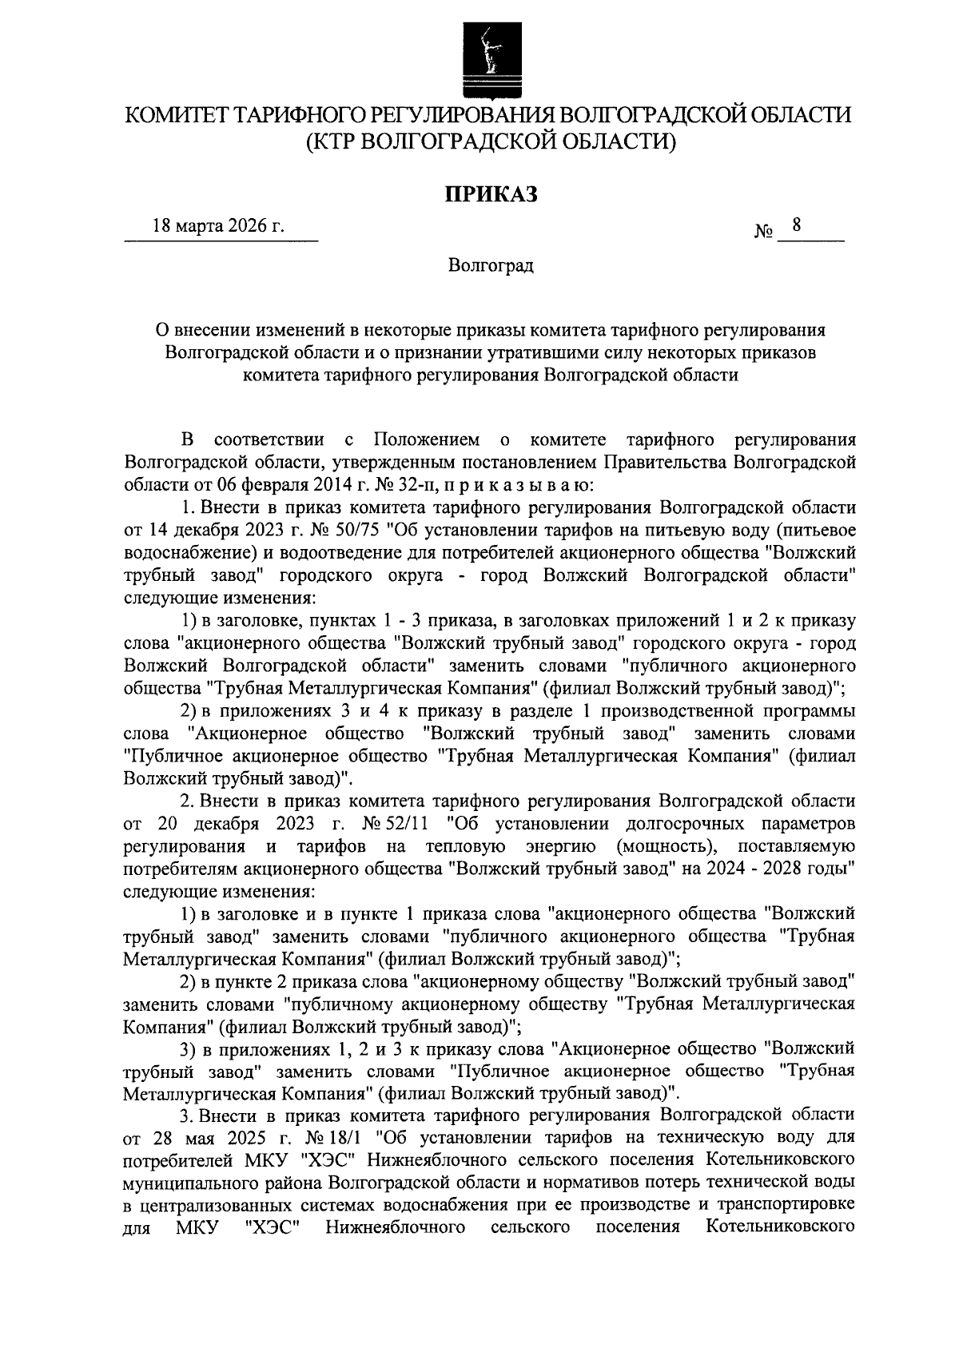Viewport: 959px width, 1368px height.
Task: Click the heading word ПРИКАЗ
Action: pos(490,194)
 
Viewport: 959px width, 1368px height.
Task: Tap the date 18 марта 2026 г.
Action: pos(219,228)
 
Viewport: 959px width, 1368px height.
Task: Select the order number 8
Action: pos(795,227)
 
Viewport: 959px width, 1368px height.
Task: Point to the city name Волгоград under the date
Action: pos(490,265)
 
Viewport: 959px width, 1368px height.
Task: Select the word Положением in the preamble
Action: pos(427,440)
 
